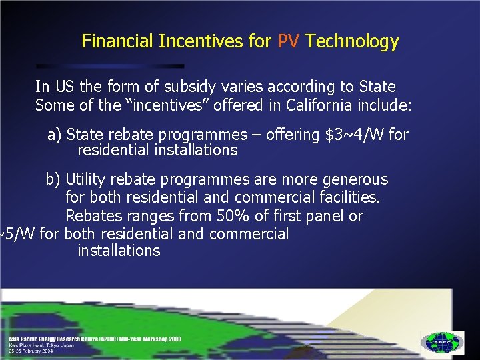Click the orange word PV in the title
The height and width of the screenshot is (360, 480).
[x=288, y=41]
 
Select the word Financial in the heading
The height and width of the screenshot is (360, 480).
[x=117, y=41]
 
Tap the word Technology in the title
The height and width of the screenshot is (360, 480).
[x=352, y=41]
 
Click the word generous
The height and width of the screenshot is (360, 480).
[x=355, y=179]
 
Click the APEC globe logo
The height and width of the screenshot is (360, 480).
[x=442, y=342]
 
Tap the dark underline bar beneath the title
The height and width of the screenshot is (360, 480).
[x=110, y=66]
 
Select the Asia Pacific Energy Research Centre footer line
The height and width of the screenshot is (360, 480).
[x=94, y=339]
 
